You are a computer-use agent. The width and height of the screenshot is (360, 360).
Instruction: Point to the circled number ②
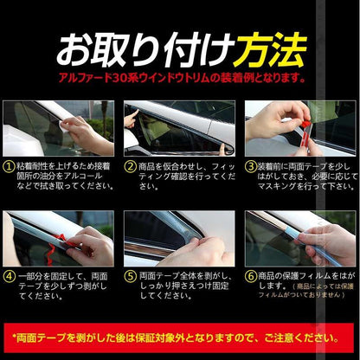point(131,164)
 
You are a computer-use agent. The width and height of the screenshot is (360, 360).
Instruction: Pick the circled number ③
point(251,164)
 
